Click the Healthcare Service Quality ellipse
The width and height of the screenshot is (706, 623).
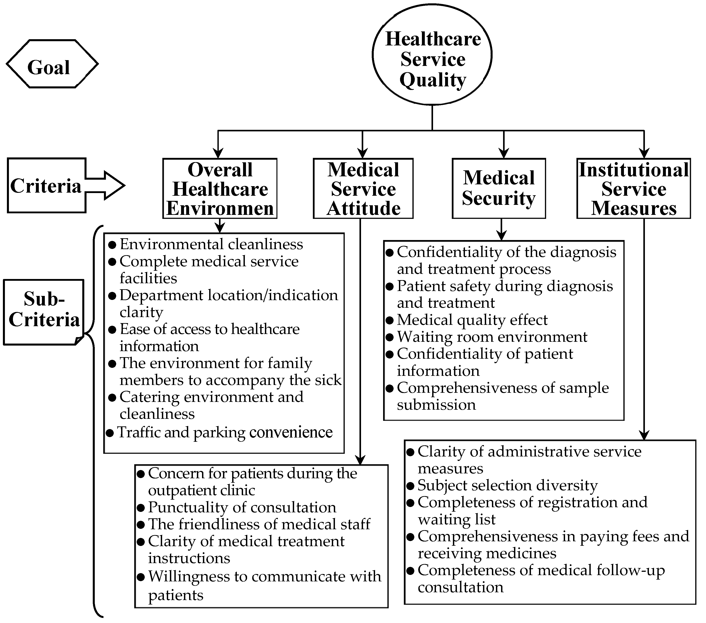432,55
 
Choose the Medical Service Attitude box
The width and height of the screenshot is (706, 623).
363,188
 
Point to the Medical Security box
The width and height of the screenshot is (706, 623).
499,188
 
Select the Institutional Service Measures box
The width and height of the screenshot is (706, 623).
634,188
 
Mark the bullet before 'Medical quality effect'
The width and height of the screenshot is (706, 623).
390,320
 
